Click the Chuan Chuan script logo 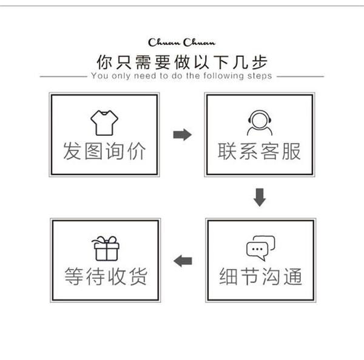pyautogui.click(x=181, y=42)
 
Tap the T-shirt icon pyautogui.click(x=104, y=122)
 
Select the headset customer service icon pyautogui.click(x=260, y=122)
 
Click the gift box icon pyautogui.click(x=106, y=248)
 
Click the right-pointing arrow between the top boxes pyautogui.click(x=183, y=135)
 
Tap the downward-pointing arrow pyautogui.click(x=260, y=198)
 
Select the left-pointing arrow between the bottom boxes pyautogui.click(x=183, y=261)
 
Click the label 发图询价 pyautogui.click(x=104, y=151)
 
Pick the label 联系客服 pyautogui.click(x=259, y=151)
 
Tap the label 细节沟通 pyautogui.click(x=260, y=276)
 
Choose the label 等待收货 pyautogui.click(x=106, y=276)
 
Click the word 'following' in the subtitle pyautogui.click(x=223, y=76)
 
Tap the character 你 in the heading pyautogui.click(x=104, y=62)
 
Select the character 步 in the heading pyautogui.click(x=260, y=62)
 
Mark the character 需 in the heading pyautogui.click(x=143, y=62)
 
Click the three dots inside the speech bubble pyautogui.click(x=257, y=249)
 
